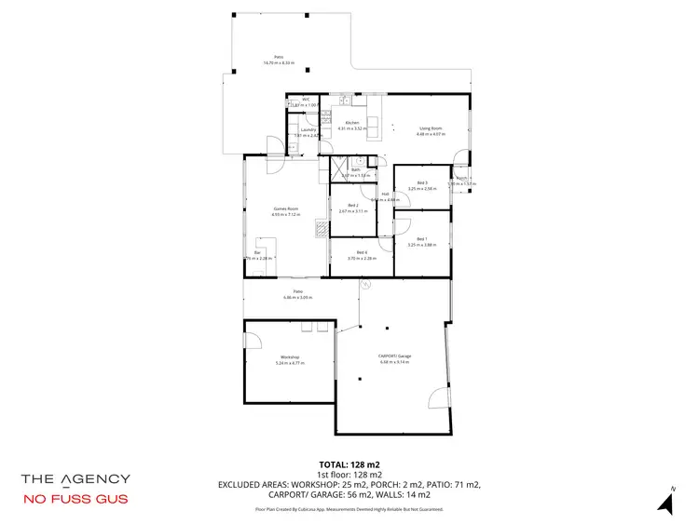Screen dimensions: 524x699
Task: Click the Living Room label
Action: click(430, 128)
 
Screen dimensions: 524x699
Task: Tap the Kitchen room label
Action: click(352, 123)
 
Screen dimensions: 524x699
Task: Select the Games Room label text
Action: click(285, 208)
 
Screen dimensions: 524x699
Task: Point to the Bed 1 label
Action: click(422, 239)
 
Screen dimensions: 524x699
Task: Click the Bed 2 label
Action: click(353, 206)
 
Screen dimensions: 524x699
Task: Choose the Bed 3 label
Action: click(422, 182)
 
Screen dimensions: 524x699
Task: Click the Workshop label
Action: click(290, 357)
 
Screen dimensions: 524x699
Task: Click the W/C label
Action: click(305, 100)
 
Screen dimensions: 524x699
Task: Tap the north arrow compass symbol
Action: click(665, 503)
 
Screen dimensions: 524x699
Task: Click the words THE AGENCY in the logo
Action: click(75, 478)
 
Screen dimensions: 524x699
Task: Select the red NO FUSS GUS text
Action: click(75, 500)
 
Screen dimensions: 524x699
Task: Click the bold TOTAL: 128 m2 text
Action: click(349, 464)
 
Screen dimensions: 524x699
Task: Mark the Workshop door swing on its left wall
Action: click(252, 341)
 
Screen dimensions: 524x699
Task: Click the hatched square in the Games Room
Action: click(322, 226)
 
